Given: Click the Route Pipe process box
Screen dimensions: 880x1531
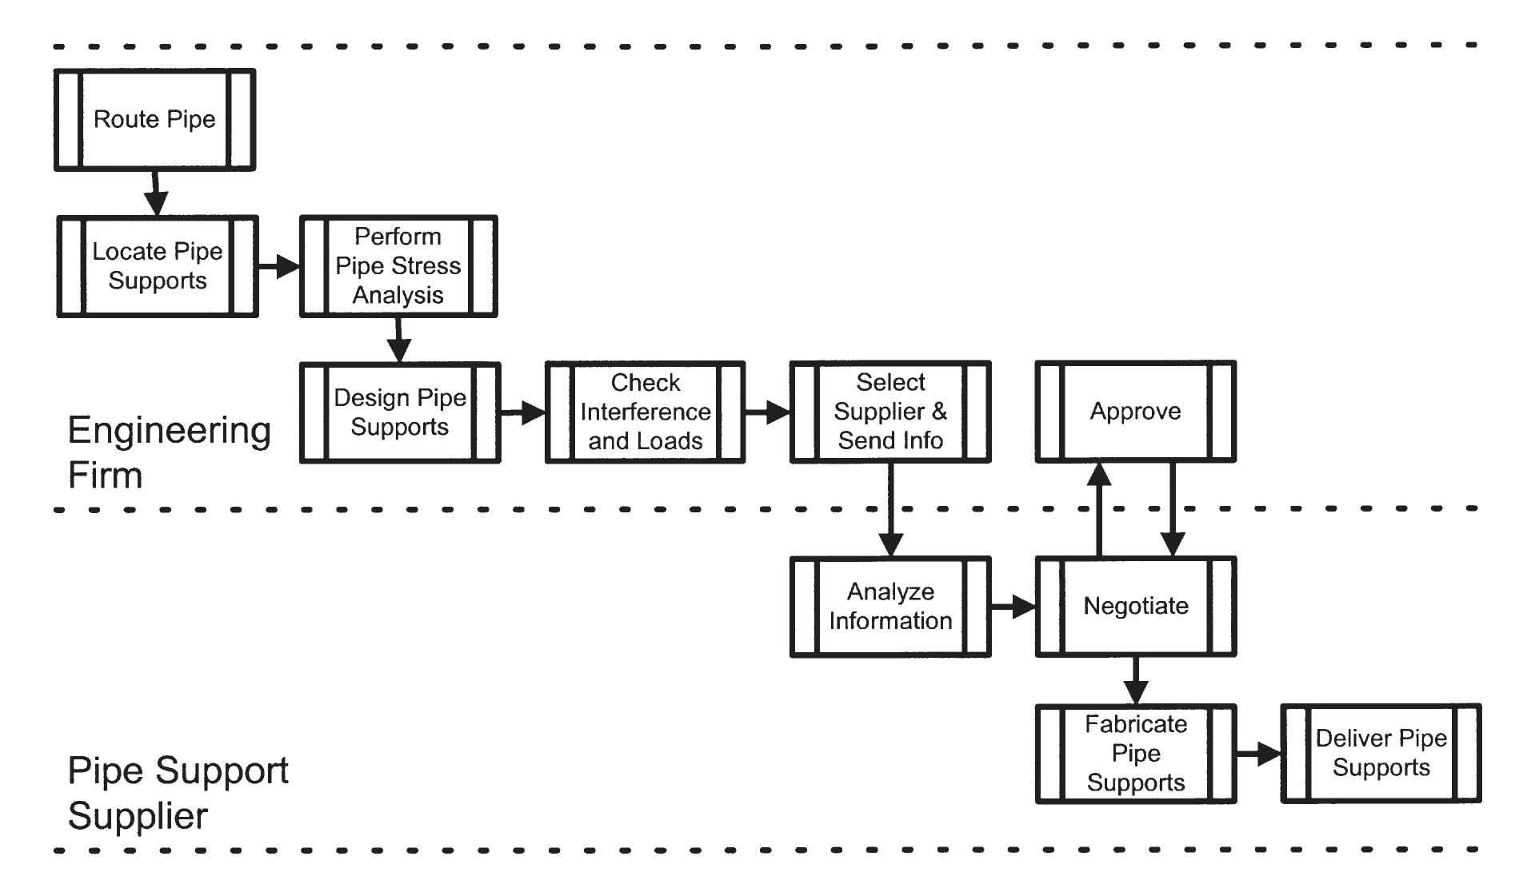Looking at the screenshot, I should (x=154, y=120).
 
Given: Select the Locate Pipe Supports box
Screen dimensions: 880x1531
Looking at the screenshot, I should (x=158, y=266).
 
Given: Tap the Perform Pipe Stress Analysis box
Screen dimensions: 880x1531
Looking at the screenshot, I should (x=398, y=266).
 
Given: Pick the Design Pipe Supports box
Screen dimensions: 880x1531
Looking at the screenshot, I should (x=400, y=412).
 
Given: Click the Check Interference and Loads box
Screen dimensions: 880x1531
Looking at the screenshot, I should (x=645, y=412).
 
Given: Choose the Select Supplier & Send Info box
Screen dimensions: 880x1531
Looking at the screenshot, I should (x=890, y=412).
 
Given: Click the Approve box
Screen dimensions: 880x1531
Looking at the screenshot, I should (x=1135, y=412).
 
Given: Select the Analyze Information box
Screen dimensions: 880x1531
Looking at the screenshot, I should (x=890, y=607).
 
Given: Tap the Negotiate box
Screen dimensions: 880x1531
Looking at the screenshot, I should (x=1135, y=607).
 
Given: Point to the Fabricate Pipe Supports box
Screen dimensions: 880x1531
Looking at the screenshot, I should (x=1135, y=754).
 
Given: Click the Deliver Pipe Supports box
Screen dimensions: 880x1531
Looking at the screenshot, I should (x=1381, y=754).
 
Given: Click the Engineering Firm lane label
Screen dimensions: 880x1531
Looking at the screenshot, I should (x=169, y=452).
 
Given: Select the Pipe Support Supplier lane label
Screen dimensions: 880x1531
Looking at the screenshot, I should (x=178, y=792).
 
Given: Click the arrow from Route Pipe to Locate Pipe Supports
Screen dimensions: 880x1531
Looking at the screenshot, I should (x=156, y=193).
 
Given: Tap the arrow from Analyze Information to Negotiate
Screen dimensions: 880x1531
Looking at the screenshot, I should (x=1012, y=607).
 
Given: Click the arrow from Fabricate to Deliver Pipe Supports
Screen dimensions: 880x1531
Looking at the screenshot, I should (x=1257, y=754).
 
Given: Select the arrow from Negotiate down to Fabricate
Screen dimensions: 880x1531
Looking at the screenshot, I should (x=1135, y=680).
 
